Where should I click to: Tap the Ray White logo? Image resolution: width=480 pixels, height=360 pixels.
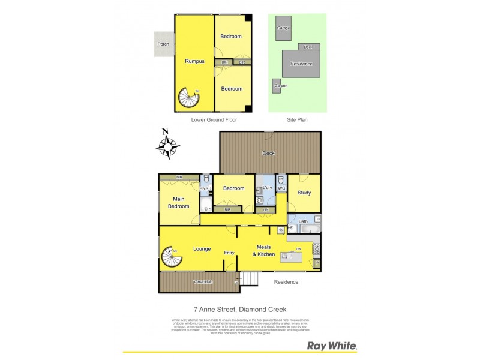click(332, 346)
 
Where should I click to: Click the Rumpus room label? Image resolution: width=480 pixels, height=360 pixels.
click(194, 61)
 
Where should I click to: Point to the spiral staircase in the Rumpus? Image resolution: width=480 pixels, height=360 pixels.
click(190, 99)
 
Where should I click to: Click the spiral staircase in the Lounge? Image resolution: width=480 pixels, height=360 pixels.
click(172, 259)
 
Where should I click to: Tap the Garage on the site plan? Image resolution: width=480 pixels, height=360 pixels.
click(283, 28)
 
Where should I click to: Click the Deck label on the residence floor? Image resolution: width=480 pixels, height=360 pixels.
click(269, 154)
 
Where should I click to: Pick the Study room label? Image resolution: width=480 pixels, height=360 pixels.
click(304, 193)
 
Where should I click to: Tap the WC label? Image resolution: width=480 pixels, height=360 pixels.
click(281, 189)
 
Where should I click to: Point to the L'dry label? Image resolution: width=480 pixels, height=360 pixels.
click(267, 188)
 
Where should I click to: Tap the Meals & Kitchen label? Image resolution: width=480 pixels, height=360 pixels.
click(264, 251)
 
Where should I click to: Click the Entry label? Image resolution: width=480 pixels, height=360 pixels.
click(229, 253)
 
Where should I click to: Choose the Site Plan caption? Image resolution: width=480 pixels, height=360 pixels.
click(297, 120)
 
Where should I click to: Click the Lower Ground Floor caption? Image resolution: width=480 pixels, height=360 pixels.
click(214, 120)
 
